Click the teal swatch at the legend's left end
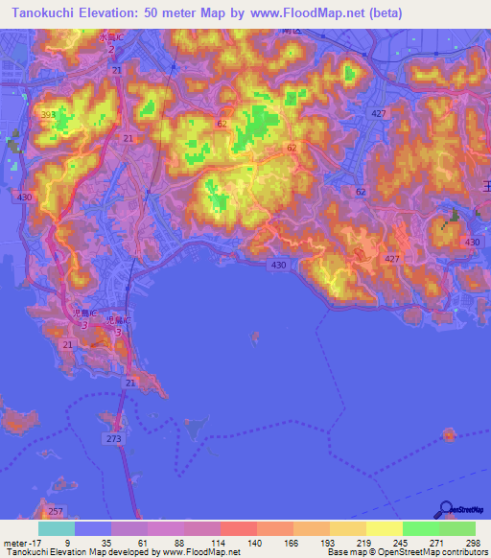pyautogui.click(x=56, y=528)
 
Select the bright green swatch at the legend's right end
pyautogui.click(x=457, y=528)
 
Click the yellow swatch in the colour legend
pyautogui.click(x=385, y=528)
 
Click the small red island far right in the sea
pyautogui.click(x=449, y=434)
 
